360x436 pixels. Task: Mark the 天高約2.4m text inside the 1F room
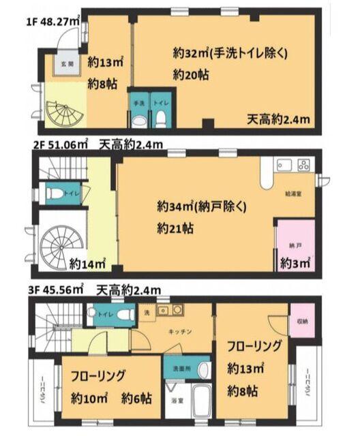point(278,120)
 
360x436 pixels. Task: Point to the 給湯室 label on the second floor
point(295,193)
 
